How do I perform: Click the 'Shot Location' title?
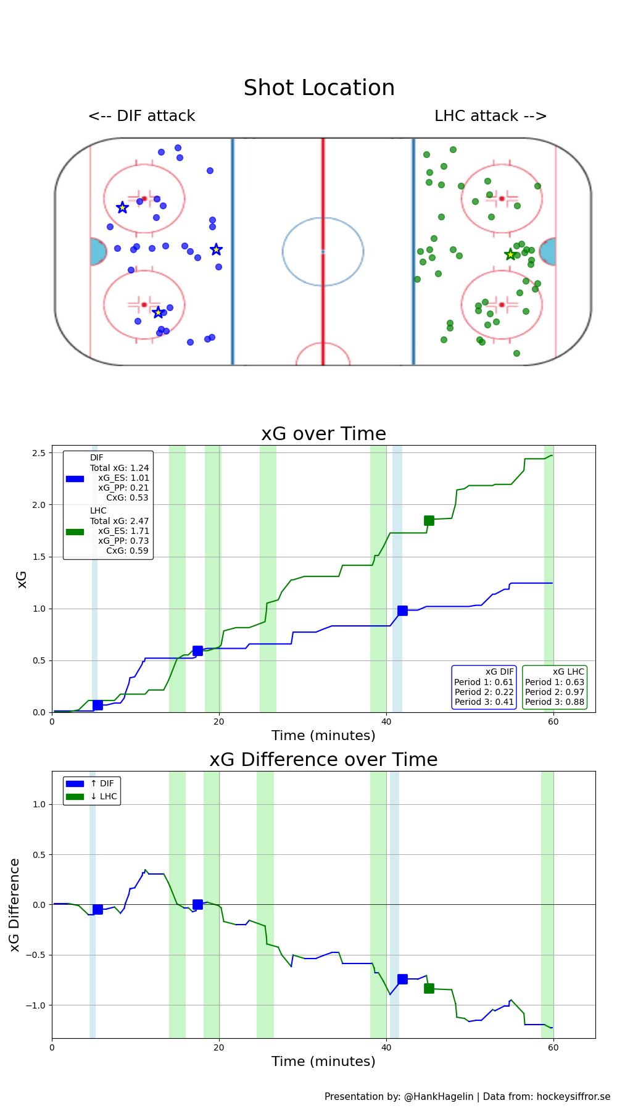pos(319,88)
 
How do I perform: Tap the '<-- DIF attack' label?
pos(141,116)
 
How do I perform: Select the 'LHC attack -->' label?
pos(491,116)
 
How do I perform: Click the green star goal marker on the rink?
pos(510,254)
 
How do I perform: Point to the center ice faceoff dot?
pos(323,251)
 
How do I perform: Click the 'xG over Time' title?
pos(323,434)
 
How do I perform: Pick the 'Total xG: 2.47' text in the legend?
pos(119,521)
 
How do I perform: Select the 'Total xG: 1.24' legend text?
pos(119,468)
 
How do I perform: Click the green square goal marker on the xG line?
pos(429,520)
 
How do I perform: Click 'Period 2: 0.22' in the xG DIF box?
pos(484,692)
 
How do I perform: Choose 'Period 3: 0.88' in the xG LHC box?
pos(554,702)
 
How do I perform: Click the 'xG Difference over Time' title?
pos(323,760)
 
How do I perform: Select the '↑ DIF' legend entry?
pos(102,783)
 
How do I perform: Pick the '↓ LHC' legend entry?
pos(103,796)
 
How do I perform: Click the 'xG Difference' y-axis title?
pos(15,905)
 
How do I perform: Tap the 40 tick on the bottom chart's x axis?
pos(386,1047)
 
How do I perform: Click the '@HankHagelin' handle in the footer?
pos(439,1097)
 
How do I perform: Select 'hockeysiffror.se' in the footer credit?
pos(573,1097)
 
